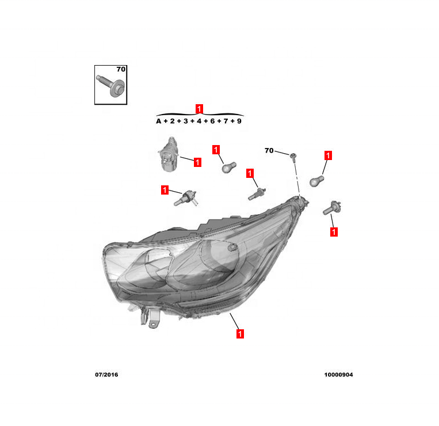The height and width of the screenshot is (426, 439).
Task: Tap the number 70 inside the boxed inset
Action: tap(120, 69)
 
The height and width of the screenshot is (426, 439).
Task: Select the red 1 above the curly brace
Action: tap(199, 108)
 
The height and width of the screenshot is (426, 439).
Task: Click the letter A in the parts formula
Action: tap(158, 121)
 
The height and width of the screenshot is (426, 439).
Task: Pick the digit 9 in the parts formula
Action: tap(239, 121)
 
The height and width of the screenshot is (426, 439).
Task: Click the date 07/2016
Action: tap(106, 375)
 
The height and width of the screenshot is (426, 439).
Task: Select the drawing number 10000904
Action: tap(338, 375)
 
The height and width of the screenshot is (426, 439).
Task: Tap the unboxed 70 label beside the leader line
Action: tap(269, 151)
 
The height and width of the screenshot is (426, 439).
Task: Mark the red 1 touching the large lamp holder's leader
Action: tap(197, 162)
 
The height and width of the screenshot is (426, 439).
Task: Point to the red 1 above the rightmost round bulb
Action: tap(328, 155)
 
